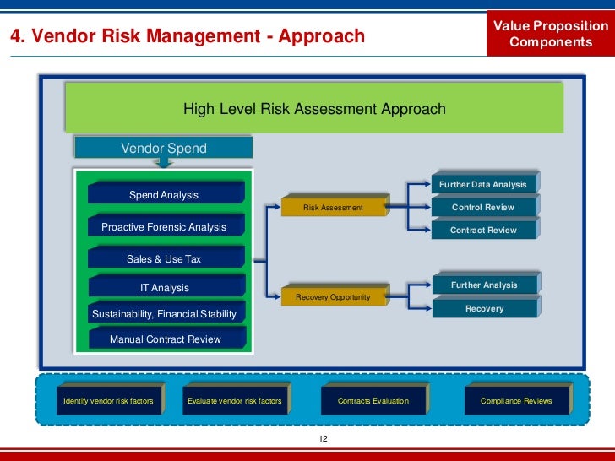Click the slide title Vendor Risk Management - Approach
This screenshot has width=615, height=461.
click(187, 36)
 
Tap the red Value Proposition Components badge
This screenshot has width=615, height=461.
click(551, 35)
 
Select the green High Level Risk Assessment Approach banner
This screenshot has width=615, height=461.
click(314, 109)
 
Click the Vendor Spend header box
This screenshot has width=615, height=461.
click(163, 148)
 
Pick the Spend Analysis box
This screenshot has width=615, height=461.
click(165, 194)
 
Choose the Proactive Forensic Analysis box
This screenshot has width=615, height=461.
click(165, 226)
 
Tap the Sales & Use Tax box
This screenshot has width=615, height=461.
click(165, 258)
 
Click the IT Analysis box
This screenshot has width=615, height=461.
click(165, 287)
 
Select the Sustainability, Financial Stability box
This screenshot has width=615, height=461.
click(165, 314)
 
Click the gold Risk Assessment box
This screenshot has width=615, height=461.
click(334, 208)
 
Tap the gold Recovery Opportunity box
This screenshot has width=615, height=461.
click(334, 297)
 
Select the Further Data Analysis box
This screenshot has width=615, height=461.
click(483, 184)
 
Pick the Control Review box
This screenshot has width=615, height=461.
click(483, 207)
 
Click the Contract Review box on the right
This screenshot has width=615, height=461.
click(483, 230)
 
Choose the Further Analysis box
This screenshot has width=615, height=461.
click(483, 285)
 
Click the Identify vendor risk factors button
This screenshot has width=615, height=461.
click(109, 400)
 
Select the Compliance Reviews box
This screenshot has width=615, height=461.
click(516, 400)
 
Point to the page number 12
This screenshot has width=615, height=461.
click(322, 440)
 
